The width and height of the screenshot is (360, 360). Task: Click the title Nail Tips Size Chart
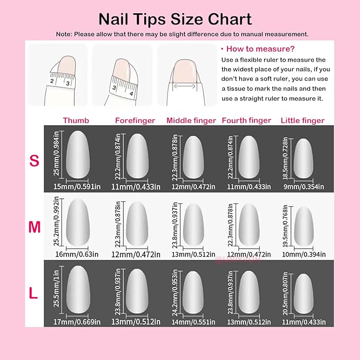coord(175,19)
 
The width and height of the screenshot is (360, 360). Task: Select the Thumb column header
coord(76,120)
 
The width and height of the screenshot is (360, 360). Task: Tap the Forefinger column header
coord(135,120)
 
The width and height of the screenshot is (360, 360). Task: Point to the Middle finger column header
coord(191,120)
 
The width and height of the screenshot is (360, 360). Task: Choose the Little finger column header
coord(302,120)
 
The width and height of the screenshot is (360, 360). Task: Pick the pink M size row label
coord(34,227)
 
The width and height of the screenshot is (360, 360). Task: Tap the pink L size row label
coord(33,293)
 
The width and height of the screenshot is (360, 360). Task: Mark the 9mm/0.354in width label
coord(302,186)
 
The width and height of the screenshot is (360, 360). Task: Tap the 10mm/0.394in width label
coord(302,253)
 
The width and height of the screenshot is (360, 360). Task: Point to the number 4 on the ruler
coord(131,93)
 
